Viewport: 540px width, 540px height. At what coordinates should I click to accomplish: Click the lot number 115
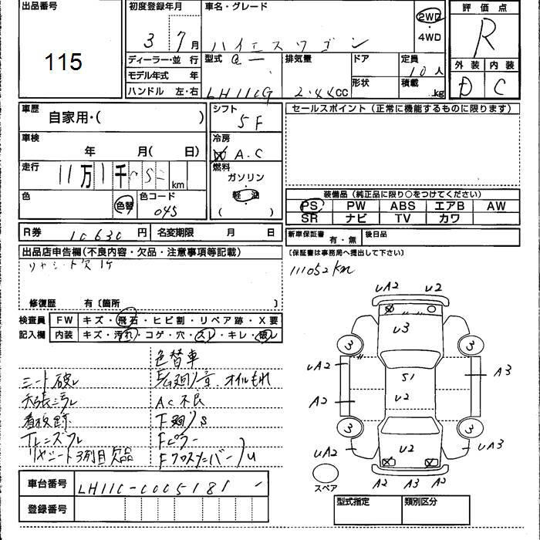click(63, 62)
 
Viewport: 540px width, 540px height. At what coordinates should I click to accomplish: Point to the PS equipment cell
click(310, 206)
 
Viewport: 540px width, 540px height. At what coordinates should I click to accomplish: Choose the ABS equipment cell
click(402, 206)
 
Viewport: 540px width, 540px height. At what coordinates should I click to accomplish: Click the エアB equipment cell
click(449, 206)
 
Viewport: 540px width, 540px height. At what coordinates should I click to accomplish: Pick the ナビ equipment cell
click(356, 218)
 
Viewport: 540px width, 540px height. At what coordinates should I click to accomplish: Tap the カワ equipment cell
click(449, 218)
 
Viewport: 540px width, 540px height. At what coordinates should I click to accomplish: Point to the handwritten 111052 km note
click(319, 270)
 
